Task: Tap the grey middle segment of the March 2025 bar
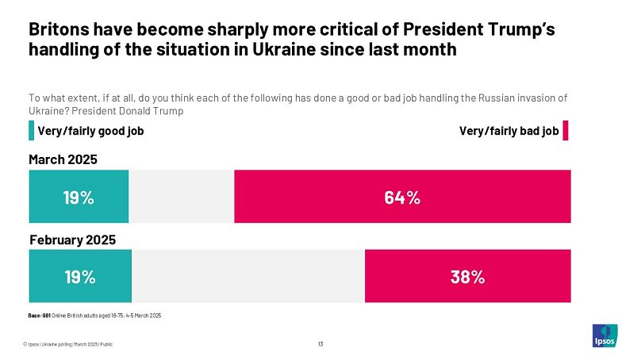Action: (181, 197)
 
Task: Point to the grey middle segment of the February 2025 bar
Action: (248, 276)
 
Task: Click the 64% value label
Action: (402, 198)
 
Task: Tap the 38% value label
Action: (467, 277)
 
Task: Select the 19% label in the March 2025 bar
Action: (79, 198)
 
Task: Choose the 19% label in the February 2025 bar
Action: (80, 277)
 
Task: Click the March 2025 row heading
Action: (63, 160)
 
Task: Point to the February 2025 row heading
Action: (72, 239)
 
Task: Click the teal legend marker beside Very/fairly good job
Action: (31, 131)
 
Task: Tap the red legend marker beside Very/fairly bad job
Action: (566, 131)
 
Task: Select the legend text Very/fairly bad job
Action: (509, 131)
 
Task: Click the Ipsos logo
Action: (605, 335)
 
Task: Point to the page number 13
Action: (320, 343)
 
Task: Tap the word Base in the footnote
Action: (34, 316)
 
